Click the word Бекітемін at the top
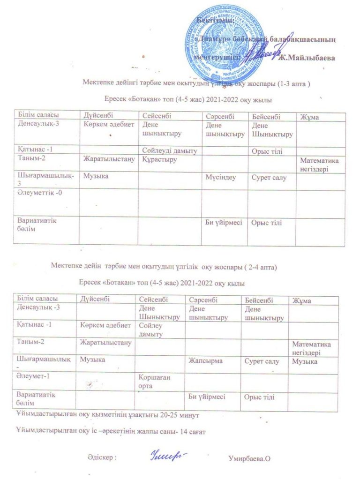(215, 20)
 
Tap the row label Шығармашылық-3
(45, 180)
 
